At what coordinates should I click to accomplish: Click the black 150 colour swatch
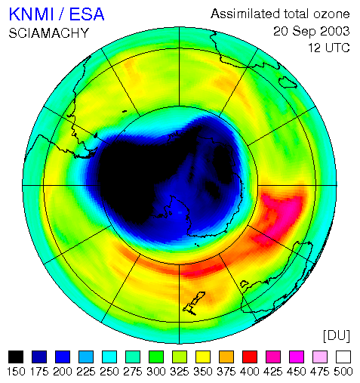click(16, 357)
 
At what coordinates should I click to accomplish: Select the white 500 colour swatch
click(343, 357)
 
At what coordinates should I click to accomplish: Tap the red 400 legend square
click(250, 357)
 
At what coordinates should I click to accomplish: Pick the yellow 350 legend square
click(203, 357)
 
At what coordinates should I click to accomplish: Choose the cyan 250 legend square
click(109, 357)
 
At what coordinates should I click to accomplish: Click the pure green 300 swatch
click(156, 357)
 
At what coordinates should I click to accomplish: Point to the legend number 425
click(273, 372)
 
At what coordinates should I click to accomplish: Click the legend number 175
click(39, 372)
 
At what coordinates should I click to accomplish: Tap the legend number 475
click(320, 372)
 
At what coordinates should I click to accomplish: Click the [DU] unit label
click(337, 336)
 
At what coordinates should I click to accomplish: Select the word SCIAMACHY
click(49, 33)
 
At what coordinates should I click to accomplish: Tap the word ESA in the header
click(87, 14)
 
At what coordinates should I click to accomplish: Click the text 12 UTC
click(329, 48)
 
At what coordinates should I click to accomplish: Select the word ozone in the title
click(331, 14)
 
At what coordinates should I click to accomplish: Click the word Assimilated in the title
click(245, 14)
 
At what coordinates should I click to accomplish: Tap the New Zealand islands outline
click(194, 304)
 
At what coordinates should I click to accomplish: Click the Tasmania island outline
click(244, 284)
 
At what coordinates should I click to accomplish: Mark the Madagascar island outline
click(288, 82)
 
